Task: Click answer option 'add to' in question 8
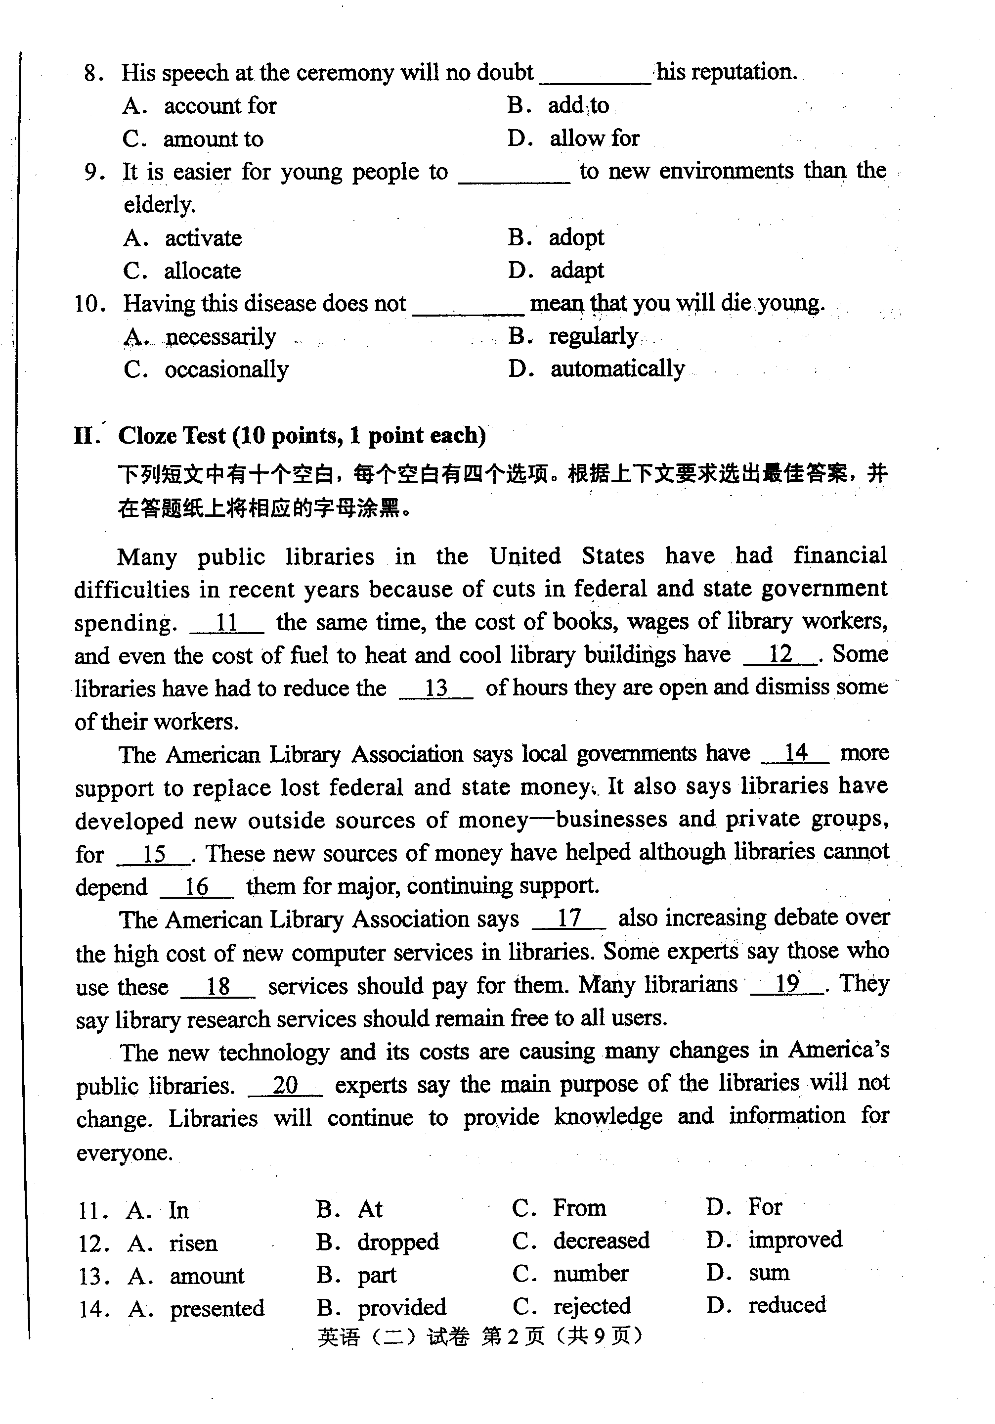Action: coord(578,105)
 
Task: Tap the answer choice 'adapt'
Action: coord(576,271)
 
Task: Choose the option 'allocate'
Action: coord(202,271)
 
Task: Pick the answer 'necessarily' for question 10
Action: coord(220,337)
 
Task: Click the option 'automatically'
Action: coord(617,369)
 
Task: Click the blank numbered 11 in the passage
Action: coord(226,623)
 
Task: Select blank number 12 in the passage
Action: coord(780,654)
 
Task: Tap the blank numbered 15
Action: coord(154,854)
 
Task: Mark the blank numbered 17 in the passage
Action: coord(568,919)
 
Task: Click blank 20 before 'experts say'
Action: coord(285,1085)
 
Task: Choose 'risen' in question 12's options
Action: coord(193,1243)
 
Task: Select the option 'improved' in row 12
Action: coord(795,1240)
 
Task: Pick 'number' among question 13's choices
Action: coord(590,1273)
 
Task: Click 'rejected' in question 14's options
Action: coord(592,1306)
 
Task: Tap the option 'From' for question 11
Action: coord(579,1208)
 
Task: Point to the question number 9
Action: coord(93,172)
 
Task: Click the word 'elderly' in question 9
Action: coord(159,205)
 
